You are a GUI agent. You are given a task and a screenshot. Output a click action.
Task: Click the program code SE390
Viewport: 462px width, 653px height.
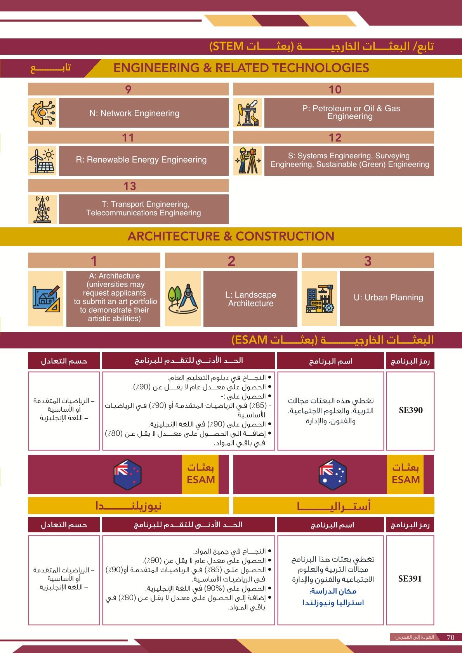click(410, 411)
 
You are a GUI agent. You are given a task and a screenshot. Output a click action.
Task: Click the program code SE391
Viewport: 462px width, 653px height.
click(410, 579)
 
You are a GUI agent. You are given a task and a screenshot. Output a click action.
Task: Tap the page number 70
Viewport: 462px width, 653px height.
click(450, 637)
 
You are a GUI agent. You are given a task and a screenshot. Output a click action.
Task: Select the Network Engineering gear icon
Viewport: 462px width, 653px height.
click(42, 113)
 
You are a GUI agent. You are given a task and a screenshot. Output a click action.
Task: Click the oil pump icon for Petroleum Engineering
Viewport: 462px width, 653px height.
click(248, 113)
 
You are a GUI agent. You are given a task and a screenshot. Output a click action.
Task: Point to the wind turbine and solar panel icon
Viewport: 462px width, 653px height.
click(42, 161)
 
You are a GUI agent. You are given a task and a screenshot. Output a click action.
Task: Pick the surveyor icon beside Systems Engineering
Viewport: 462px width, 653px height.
click(248, 161)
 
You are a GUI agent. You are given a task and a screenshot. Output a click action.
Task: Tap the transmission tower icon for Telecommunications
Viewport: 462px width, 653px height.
click(42, 209)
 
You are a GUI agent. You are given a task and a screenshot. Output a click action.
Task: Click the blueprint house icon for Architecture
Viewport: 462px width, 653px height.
click(46, 298)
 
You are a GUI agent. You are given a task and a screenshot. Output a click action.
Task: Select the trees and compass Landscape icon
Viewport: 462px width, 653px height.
click(183, 298)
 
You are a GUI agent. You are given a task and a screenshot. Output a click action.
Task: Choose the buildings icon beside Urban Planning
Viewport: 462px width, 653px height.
click(319, 298)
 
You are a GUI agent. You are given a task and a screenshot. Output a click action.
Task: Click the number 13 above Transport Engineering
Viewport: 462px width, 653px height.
click(130, 186)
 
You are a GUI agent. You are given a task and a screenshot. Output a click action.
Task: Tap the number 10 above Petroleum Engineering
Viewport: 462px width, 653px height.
click(335, 90)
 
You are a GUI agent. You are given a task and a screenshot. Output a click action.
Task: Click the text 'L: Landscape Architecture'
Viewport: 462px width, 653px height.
click(250, 299)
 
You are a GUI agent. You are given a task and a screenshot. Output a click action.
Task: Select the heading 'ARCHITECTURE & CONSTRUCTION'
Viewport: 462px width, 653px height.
click(231, 236)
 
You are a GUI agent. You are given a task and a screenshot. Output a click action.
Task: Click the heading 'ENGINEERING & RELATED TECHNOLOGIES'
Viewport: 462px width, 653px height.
click(241, 68)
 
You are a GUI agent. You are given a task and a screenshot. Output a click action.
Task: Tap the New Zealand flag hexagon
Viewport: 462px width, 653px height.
click(127, 474)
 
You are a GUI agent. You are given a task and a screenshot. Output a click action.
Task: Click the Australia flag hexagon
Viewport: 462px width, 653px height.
click(332, 474)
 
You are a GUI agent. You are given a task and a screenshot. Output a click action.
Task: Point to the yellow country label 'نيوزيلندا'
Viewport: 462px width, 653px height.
click(129, 506)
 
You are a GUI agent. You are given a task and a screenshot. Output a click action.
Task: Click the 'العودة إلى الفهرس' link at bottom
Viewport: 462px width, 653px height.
click(414, 637)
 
